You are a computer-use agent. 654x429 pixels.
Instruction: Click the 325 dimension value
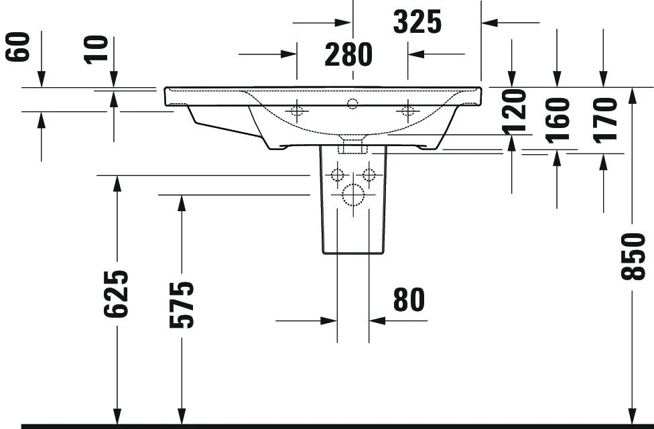point(417,22)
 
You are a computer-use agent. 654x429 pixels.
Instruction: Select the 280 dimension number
point(348,55)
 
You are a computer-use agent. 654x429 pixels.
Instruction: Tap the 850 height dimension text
point(633,256)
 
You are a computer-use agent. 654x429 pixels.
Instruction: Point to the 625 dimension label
point(115,294)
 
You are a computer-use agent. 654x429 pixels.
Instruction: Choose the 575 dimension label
point(182,304)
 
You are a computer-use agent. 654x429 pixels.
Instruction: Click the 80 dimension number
point(409,300)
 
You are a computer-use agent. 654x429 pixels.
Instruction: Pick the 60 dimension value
point(18,47)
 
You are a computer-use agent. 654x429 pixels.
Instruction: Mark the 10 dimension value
point(96,50)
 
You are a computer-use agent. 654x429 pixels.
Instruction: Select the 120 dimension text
point(514,112)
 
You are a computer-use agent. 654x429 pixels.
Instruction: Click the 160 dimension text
point(558,120)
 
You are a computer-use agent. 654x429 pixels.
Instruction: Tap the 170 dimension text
point(606,120)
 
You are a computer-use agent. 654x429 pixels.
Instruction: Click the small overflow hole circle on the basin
point(352,104)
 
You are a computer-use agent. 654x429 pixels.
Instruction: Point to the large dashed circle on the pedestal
point(353,195)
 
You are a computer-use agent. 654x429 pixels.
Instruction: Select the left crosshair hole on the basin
point(297,111)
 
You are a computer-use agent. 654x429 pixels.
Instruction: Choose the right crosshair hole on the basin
point(407,111)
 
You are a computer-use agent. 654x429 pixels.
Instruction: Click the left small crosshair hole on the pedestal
point(337,174)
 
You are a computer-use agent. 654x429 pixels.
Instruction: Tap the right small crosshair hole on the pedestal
point(369,174)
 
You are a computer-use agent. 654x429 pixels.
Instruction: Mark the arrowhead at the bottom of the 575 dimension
point(182,416)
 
